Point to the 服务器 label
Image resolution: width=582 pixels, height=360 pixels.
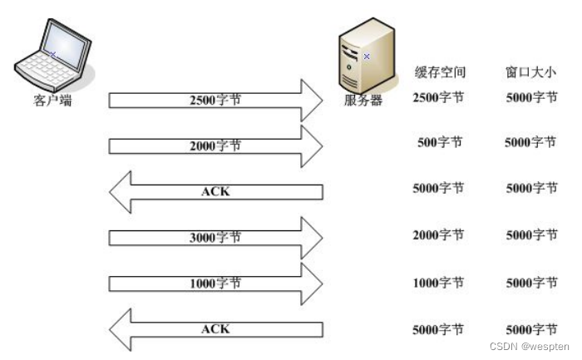click(x=363, y=101)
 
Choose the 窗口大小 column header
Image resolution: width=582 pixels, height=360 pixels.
click(x=530, y=72)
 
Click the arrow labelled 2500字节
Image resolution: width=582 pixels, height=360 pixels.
click(x=215, y=100)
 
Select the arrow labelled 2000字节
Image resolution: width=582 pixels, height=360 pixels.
click(x=215, y=146)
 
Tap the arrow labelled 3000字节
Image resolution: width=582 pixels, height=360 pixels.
click(x=215, y=238)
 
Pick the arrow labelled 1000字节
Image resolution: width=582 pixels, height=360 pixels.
click(x=215, y=284)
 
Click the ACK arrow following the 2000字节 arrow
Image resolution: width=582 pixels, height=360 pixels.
click(x=215, y=192)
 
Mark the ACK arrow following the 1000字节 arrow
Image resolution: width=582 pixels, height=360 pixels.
click(x=215, y=330)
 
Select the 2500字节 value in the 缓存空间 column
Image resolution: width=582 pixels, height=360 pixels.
click(x=438, y=97)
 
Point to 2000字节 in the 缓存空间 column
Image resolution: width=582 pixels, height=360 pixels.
click(x=438, y=235)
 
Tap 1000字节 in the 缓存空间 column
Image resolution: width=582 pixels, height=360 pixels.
click(x=438, y=282)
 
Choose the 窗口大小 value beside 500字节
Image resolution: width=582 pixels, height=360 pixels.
click(x=530, y=142)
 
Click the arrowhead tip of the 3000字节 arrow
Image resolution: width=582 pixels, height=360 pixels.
click(x=321, y=238)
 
